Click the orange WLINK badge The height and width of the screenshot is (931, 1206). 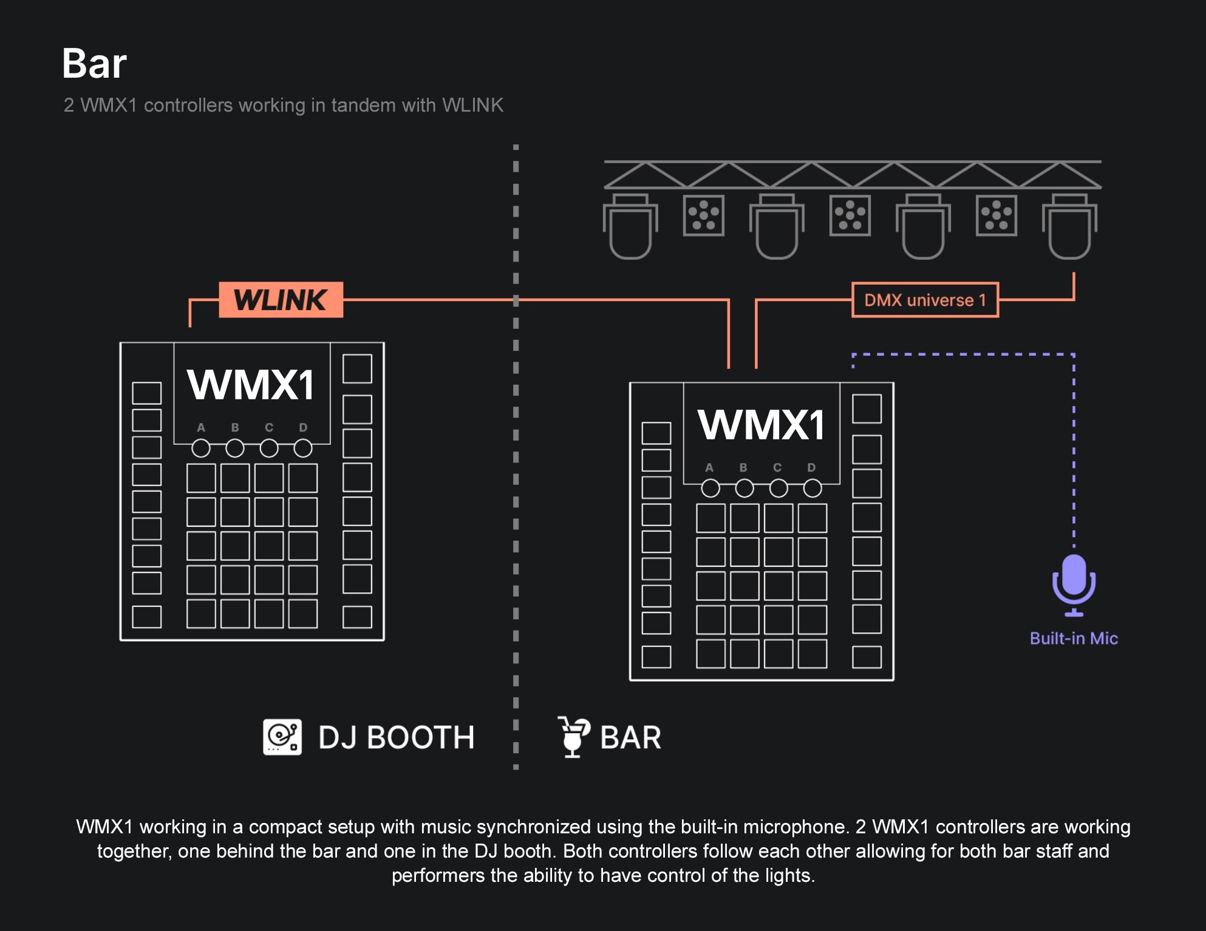click(281, 300)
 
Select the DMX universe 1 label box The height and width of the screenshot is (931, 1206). click(925, 300)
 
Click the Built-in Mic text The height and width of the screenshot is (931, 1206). click(1074, 638)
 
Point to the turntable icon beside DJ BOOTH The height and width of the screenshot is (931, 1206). click(282, 737)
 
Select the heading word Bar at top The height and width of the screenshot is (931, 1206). click(94, 64)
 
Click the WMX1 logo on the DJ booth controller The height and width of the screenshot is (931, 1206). click(251, 385)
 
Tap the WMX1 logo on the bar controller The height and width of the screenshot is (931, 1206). click(761, 425)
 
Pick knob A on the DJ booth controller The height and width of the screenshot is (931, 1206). click(201, 449)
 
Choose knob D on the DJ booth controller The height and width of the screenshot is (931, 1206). click(303, 449)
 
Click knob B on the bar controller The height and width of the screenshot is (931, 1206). click(744, 488)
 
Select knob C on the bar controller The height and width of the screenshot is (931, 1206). click(778, 488)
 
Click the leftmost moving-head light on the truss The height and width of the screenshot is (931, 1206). click(630, 227)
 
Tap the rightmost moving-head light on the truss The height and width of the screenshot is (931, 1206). click(1069, 227)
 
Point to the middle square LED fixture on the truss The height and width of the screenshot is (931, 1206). click(850, 215)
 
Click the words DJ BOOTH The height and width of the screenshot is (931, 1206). click(396, 738)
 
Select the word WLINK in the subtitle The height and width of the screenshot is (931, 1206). click(472, 105)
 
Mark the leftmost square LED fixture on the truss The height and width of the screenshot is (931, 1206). click(703, 215)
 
